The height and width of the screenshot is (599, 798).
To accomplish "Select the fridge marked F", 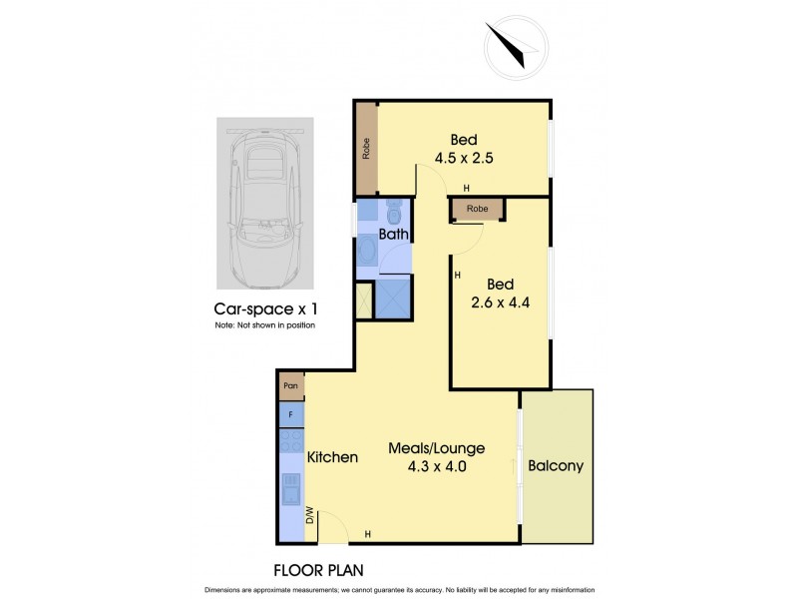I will [x=291, y=413].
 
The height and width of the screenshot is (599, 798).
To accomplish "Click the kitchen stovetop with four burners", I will [x=291, y=440].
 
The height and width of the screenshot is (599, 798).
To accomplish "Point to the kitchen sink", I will [x=291, y=488].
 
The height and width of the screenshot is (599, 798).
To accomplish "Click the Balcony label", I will [x=556, y=465].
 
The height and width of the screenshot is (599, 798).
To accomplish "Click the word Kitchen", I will [x=332, y=457].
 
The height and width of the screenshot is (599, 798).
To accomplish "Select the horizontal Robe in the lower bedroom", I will [x=478, y=210].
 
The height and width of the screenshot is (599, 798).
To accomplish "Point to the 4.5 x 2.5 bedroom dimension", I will [x=465, y=157].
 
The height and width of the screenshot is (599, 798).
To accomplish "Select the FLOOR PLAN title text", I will [x=318, y=571].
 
